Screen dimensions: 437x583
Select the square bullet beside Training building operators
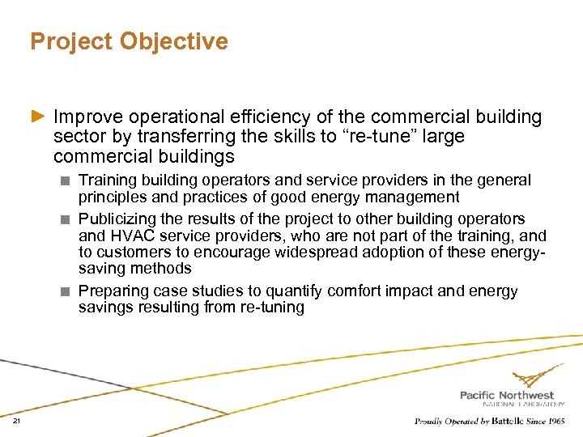click(68, 180)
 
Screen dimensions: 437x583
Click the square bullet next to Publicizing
click(68, 219)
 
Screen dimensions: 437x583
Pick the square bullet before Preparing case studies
click(68, 291)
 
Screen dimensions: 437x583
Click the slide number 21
click(16, 422)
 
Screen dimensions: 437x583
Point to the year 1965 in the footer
click(555, 422)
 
